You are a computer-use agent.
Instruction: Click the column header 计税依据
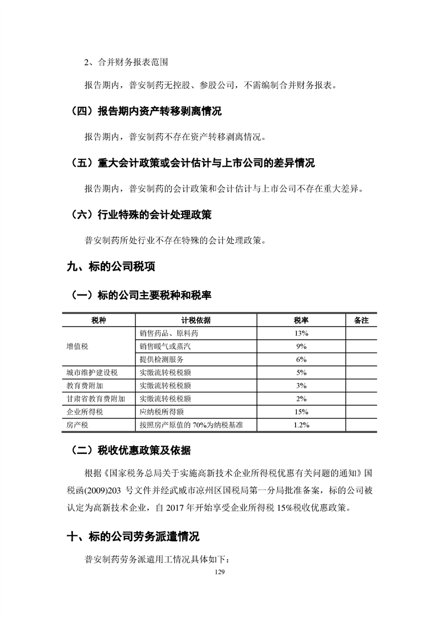pyautogui.click(x=195, y=320)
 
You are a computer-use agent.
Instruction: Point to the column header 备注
pyautogui.click(x=360, y=320)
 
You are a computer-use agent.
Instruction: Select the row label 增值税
pyautogui.click(x=78, y=346)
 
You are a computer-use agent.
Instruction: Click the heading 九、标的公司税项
pyautogui.click(x=111, y=267)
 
